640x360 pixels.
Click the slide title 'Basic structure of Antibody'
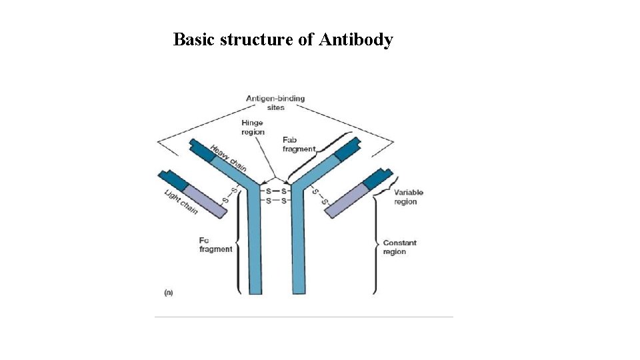[x=283, y=40]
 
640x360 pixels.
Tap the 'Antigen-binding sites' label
[x=275, y=103]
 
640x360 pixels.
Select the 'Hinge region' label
[x=253, y=127]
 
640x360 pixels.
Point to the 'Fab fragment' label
[x=298, y=145]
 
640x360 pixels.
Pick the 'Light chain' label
[x=181, y=202]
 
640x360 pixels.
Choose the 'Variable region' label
[x=408, y=197]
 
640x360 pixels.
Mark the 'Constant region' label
[x=399, y=247]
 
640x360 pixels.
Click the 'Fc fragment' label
[x=215, y=244]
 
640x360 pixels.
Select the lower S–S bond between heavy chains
[x=275, y=200]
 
